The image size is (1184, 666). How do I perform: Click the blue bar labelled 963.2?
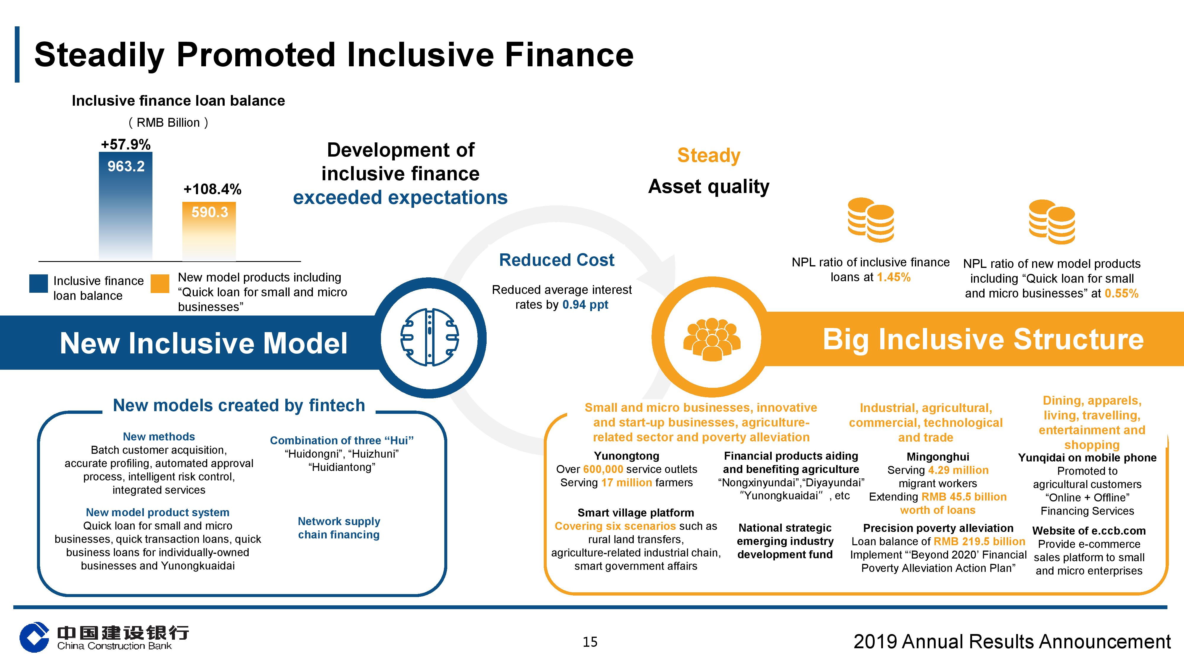pyautogui.click(x=126, y=206)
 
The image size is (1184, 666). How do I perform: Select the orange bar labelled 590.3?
pyautogui.click(x=209, y=231)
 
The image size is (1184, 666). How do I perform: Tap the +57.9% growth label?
pyautogui.click(x=126, y=144)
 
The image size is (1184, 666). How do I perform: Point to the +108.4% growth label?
pyautogui.click(x=212, y=189)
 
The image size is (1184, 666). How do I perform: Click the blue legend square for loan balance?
pyautogui.click(x=38, y=284)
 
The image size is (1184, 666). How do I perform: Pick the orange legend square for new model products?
pyautogui.click(x=160, y=284)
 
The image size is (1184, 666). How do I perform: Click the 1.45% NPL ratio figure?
pyautogui.click(x=894, y=277)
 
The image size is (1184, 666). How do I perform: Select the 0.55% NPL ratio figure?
pyautogui.click(x=1122, y=293)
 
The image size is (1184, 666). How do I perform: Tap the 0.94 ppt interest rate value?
pyautogui.click(x=585, y=305)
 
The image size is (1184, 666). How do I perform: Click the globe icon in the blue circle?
pyautogui.click(x=430, y=337)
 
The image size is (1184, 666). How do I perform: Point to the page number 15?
pyautogui.click(x=590, y=642)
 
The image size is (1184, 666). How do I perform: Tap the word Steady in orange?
pyautogui.click(x=709, y=156)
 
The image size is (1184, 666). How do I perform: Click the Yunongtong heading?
pyautogui.click(x=626, y=456)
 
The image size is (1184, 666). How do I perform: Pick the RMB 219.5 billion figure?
pyautogui.click(x=979, y=541)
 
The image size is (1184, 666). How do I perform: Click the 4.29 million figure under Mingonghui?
pyautogui.click(x=958, y=470)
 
